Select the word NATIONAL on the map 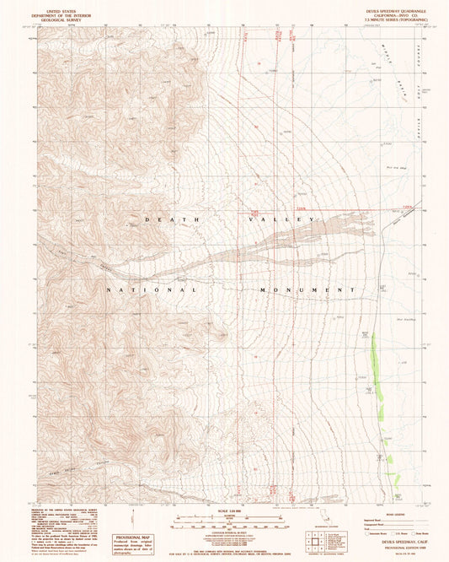tap(152, 289)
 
